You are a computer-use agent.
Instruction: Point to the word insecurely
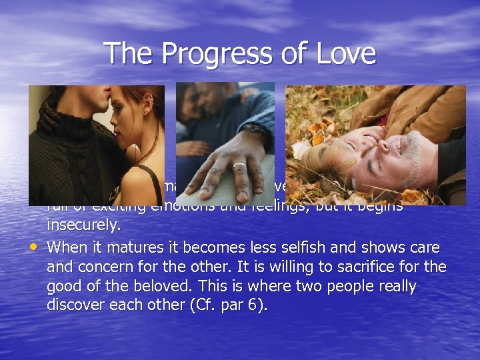[84, 227]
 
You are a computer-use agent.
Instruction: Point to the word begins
[379, 207]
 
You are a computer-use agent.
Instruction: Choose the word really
[394, 287]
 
